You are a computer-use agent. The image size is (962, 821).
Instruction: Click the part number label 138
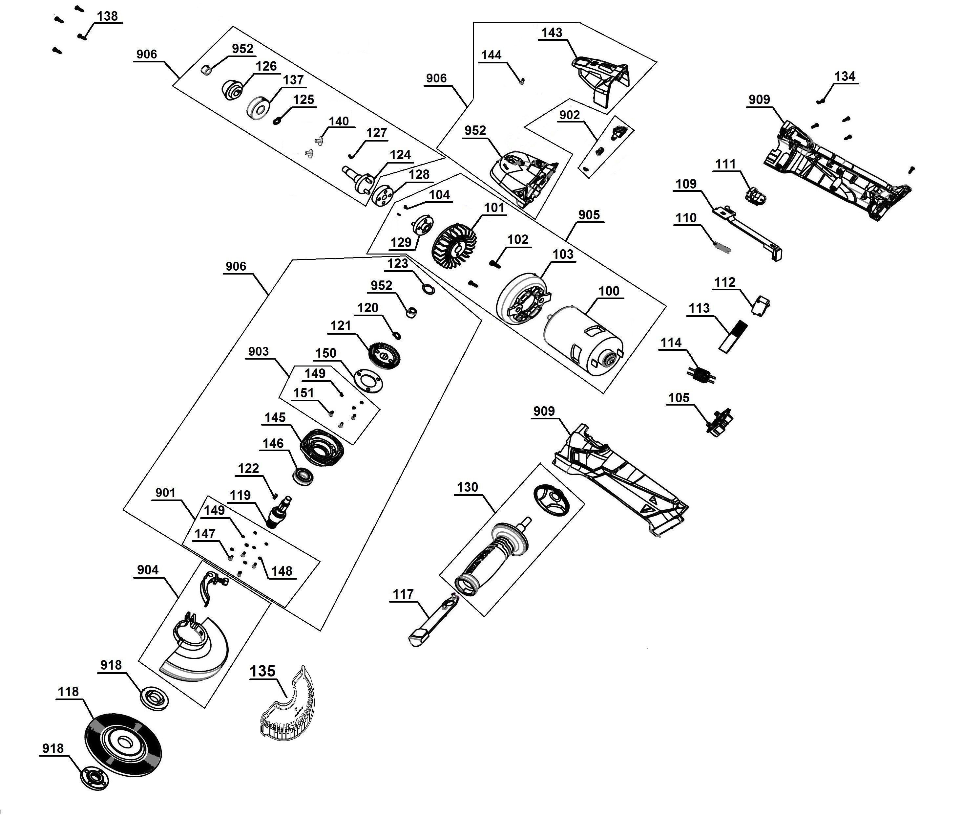tap(107, 16)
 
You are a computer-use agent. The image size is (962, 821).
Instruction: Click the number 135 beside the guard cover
tap(263, 671)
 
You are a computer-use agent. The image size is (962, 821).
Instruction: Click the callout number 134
tap(845, 76)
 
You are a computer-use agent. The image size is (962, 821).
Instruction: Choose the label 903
tap(258, 351)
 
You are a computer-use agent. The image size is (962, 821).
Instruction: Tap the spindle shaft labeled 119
tap(279, 512)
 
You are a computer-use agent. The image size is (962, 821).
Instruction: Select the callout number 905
tap(589, 215)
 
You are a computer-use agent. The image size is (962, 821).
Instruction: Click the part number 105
tap(679, 398)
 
